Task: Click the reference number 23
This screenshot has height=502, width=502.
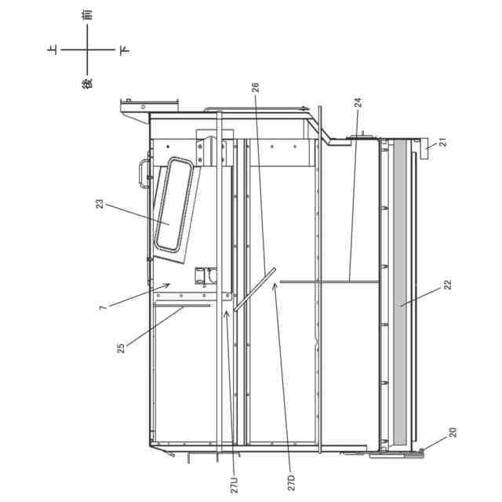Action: [x=100, y=204]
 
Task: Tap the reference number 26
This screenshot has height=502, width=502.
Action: [x=255, y=87]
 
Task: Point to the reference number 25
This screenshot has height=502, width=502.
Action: [x=121, y=348]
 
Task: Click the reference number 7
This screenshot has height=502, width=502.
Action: [x=103, y=307]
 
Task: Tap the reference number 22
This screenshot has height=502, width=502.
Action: [x=448, y=284]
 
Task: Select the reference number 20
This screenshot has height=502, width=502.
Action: [x=453, y=432]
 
